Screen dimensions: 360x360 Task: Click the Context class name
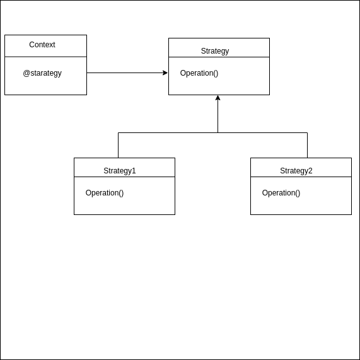tap(42, 45)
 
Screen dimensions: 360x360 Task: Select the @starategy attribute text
tap(42, 73)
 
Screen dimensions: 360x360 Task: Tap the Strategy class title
tap(215, 51)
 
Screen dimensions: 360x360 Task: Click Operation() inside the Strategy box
tap(199, 73)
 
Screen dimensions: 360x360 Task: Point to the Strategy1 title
tap(120, 171)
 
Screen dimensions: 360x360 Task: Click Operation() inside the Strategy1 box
tap(105, 193)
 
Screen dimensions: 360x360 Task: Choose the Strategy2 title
tap(296, 171)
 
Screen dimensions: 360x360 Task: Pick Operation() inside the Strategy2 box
tap(281, 193)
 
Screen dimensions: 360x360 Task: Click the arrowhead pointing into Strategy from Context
tap(165, 73)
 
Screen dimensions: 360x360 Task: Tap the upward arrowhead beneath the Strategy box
tap(218, 98)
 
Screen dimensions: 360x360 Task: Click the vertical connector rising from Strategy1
tap(119, 146)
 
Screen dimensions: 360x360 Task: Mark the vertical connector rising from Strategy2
tap(308, 146)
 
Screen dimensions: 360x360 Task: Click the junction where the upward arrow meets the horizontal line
tap(218, 133)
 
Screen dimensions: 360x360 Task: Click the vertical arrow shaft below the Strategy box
tap(218, 117)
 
